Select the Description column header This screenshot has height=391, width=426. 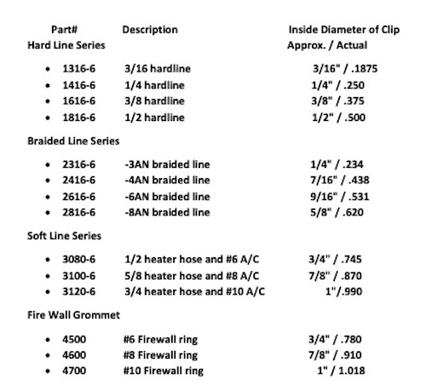150,29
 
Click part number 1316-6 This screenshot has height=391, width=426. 80,74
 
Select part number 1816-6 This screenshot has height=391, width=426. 80,118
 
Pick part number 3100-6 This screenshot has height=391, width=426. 80,278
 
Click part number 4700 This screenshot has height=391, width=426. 75,371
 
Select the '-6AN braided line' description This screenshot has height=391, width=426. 167,198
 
